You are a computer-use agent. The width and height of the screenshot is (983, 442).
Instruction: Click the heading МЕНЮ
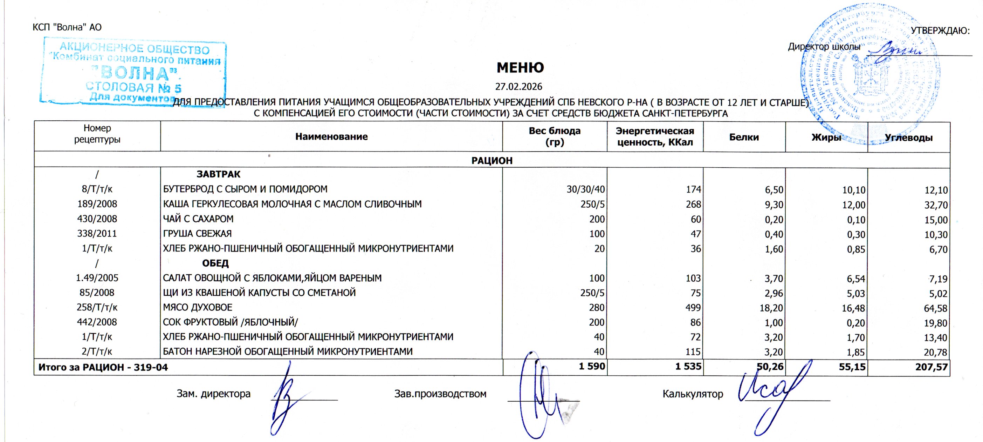point(520,68)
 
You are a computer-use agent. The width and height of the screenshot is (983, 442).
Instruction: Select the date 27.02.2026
point(518,87)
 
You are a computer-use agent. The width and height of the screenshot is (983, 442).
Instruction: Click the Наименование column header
point(331,137)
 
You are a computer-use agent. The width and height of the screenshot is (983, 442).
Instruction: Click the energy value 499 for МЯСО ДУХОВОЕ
point(693,308)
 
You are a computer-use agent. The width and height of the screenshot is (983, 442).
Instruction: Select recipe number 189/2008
point(97,204)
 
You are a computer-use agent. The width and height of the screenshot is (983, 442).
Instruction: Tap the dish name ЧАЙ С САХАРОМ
point(198,219)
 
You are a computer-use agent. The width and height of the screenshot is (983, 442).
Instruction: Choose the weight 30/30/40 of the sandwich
point(586,189)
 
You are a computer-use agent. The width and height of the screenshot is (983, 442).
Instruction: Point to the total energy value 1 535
point(688,367)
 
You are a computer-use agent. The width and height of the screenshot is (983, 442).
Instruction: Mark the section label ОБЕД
point(215,263)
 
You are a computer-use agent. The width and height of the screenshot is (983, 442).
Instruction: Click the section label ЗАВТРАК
point(218,174)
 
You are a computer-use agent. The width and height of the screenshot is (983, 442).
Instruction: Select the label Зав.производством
point(440,394)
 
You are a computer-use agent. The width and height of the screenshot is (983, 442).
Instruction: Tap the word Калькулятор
point(693,394)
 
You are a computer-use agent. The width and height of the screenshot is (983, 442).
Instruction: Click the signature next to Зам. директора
point(286,397)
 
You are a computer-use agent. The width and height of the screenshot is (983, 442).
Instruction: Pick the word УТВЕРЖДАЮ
point(940,31)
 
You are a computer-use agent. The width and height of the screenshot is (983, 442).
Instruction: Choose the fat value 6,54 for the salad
point(856,279)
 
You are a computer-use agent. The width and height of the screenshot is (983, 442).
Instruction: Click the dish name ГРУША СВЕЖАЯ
point(197,233)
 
